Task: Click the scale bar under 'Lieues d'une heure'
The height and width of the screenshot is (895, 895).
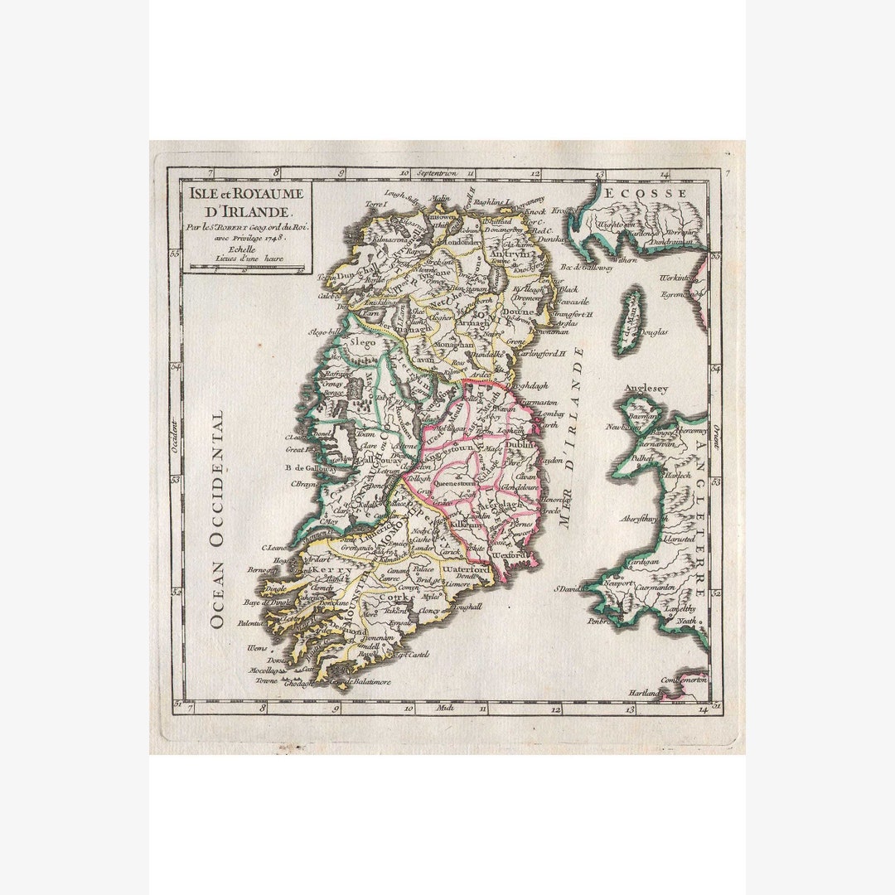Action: point(246,267)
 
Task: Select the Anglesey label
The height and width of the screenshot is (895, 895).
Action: point(646,387)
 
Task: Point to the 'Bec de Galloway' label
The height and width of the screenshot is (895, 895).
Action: point(587,268)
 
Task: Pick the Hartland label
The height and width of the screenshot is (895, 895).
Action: point(645,692)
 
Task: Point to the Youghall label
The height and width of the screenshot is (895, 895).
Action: point(467,607)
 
